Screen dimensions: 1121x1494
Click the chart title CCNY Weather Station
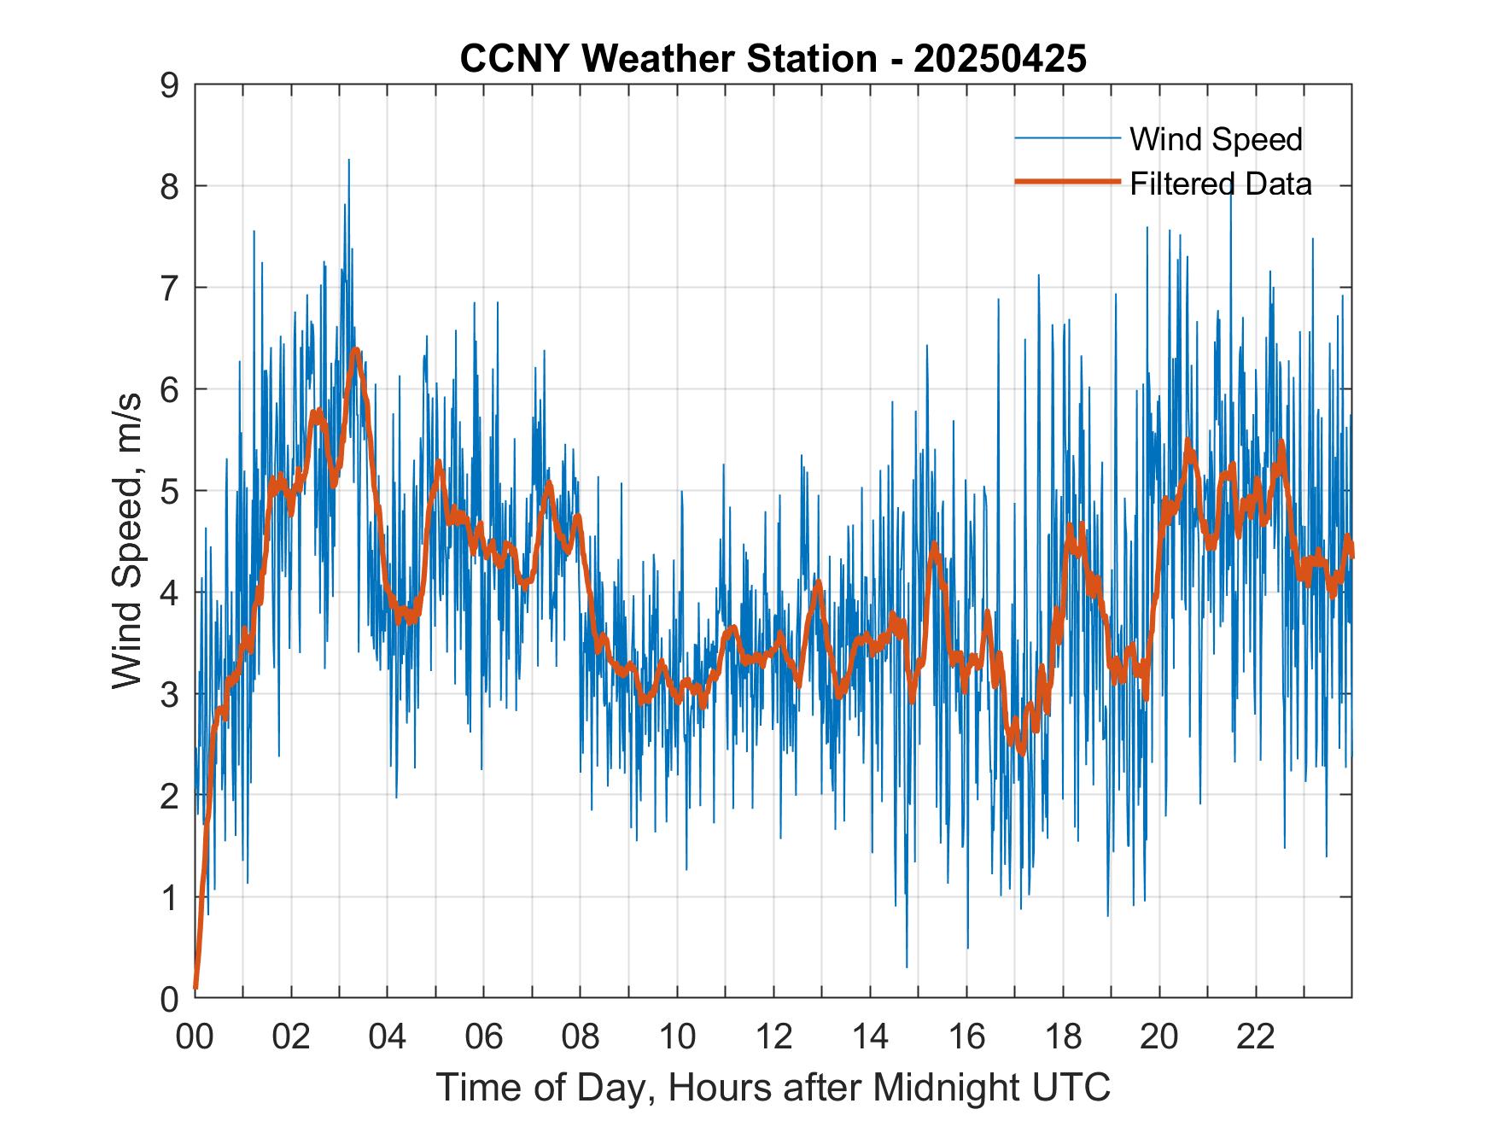668,59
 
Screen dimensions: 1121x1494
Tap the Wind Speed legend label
1216,139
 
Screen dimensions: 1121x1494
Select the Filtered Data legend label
1221,184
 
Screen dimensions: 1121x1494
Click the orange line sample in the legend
1066,182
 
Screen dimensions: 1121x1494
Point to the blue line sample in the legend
1066,138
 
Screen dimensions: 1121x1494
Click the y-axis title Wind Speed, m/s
127,541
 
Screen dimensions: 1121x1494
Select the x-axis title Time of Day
773,1087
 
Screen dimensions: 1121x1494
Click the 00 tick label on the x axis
195,1036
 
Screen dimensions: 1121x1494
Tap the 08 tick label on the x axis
581,1036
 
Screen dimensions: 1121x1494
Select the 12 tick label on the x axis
773,1036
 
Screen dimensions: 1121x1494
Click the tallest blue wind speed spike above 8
348,161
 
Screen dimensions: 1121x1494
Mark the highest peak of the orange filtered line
355,350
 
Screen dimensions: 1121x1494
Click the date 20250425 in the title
1000,59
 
